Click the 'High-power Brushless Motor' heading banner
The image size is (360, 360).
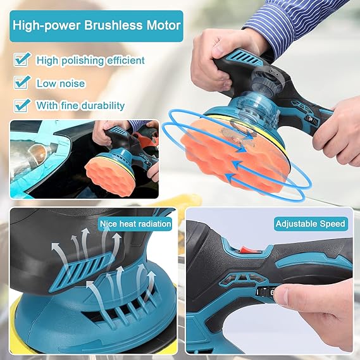coord(97,26)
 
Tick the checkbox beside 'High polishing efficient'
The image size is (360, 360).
coord(23,60)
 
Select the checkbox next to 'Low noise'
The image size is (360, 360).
coord(23,82)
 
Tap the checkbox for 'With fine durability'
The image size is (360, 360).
coord(23,105)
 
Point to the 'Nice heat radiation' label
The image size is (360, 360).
coord(135,223)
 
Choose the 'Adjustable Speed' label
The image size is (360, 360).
coord(310,223)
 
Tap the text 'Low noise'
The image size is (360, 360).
coord(61,83)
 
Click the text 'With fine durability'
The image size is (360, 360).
coord(80,106)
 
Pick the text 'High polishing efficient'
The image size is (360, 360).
coord(90,61)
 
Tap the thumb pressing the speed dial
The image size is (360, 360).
coord(288,292)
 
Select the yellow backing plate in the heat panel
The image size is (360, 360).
coord(19,316)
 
